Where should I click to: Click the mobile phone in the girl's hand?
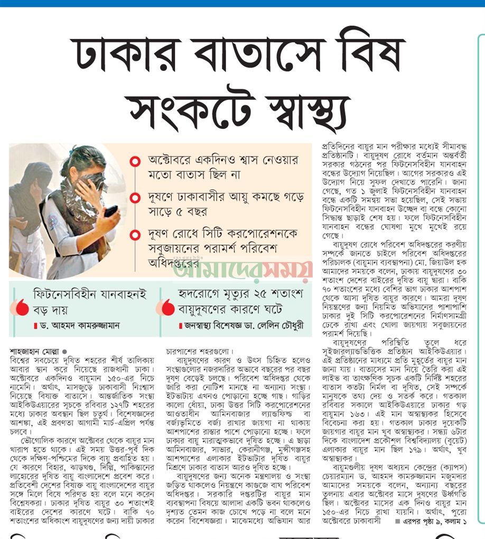pos(110,211)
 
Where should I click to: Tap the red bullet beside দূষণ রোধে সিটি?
pos(136,234)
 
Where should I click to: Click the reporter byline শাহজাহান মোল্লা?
pos(35,350)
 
